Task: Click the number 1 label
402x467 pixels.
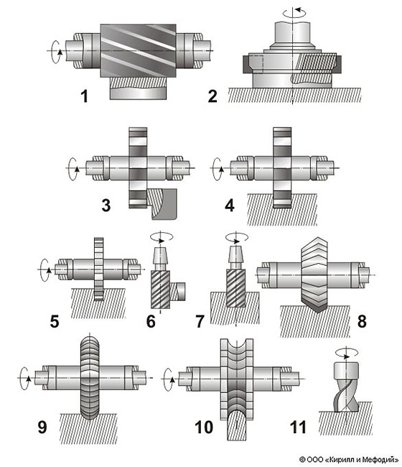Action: [85, 96]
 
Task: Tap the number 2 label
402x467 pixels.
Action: [212, 96]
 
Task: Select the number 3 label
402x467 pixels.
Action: [106, 205]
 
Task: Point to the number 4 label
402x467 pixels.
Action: [230, 205]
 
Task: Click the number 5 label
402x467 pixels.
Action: [55, 322]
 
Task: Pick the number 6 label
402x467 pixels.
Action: [151, 322]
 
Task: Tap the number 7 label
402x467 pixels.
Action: [200, 322]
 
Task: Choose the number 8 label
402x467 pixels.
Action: [362, 322]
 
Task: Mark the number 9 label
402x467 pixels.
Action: [42, 427]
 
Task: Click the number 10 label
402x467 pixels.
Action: [204, 427]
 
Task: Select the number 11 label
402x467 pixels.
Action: [298, 427]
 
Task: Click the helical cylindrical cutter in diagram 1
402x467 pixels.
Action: [138, 50]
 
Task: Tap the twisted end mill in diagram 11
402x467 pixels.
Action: [346, 387]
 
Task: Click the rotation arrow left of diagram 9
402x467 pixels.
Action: [25, 379]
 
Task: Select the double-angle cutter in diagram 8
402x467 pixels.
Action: [314, 274]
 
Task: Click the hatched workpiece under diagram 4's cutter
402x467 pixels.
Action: [282, 209]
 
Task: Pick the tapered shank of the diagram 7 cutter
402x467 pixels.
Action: [235, 254]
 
